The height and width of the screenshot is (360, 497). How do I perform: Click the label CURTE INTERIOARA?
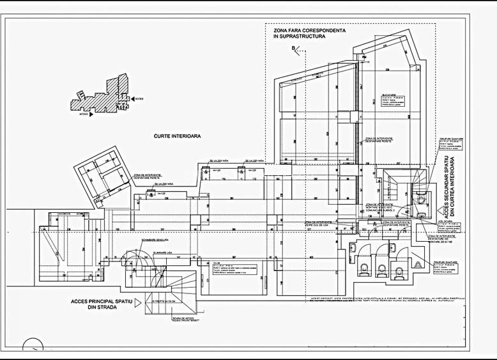pos(178,136)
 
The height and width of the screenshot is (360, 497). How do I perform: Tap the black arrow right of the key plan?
pos(132,99)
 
